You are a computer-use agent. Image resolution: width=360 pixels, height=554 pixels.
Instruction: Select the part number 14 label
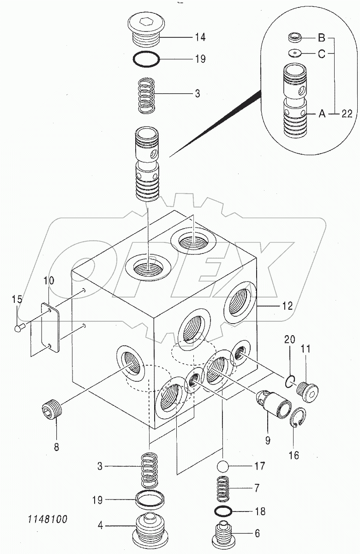200,37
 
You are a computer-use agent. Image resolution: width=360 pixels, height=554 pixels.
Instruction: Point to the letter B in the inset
321,38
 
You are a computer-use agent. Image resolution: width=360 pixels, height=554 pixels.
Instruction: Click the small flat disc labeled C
295,53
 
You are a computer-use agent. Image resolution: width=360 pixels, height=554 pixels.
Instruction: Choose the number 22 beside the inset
347,114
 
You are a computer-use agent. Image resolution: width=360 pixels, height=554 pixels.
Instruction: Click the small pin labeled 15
19,328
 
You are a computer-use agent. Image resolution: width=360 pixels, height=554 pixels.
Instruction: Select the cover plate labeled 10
50,328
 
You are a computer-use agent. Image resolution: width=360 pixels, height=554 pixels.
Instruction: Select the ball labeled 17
223,466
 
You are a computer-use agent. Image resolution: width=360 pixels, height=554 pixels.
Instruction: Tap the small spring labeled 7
223,489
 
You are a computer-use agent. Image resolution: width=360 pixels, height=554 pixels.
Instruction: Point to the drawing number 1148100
47,520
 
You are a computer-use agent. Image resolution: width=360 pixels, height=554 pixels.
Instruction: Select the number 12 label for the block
287,306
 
